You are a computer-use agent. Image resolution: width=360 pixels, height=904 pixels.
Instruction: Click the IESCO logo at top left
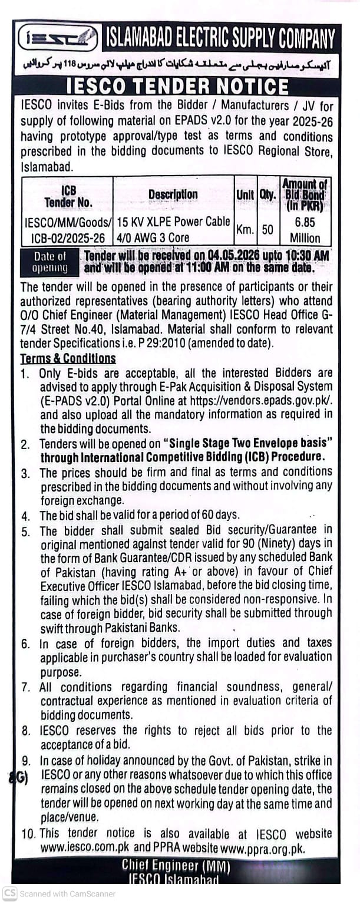tap(57, 39)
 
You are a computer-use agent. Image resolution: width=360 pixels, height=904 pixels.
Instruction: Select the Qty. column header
tap(267, 194)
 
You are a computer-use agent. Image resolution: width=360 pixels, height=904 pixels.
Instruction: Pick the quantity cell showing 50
tap(267, 230)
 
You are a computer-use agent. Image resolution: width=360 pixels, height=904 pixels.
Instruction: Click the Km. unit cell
tap(245, 230)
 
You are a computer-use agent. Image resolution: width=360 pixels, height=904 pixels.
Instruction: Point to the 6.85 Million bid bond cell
tap(305, 230)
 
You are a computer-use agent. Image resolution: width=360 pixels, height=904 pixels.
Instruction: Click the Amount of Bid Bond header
tap(305, 194)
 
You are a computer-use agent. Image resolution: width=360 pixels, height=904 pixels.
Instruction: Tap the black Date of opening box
tap(50, 262)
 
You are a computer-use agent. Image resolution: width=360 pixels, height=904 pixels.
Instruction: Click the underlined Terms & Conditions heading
tap(68, 358)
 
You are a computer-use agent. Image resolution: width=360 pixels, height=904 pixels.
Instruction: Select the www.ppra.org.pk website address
tap(270, 847)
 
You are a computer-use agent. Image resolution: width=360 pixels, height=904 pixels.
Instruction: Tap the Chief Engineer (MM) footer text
tap(176, 865)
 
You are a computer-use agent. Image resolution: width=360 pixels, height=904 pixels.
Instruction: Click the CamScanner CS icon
tap(10, 893)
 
